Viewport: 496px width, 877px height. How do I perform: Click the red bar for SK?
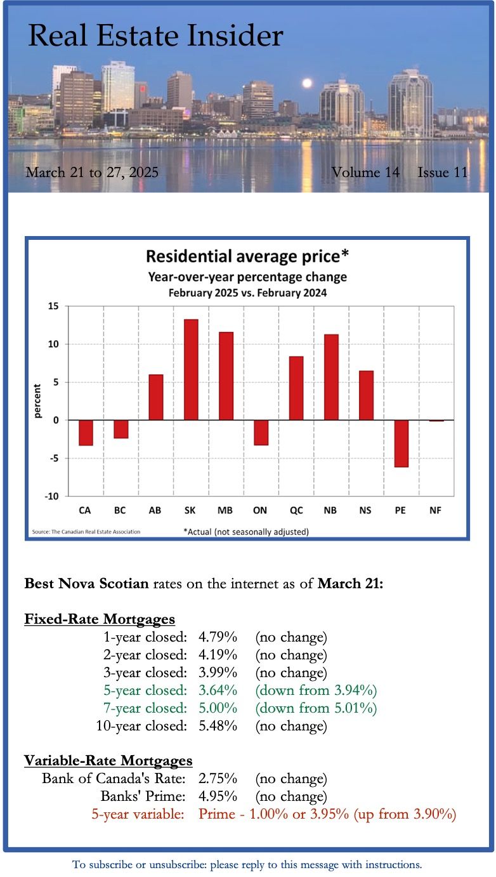tap(191, 369)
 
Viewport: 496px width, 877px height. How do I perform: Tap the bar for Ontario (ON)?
tap(261, 432)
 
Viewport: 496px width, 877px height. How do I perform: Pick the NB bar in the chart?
tap(331, 377)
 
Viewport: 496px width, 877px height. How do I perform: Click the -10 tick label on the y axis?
tap(51, 496)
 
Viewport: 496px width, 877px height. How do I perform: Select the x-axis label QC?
tap(296, 510)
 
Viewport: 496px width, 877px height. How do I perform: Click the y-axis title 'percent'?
tap(37, 401)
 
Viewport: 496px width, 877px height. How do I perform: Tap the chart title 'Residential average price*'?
tap(247, 256)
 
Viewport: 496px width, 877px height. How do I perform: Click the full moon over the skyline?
tap(308, 83)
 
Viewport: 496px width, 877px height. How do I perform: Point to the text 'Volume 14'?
tap(365, 172)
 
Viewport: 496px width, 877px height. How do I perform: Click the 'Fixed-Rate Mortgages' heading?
tap(100, 619)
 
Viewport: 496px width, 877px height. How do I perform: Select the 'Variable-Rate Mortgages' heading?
tap(108, 760)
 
